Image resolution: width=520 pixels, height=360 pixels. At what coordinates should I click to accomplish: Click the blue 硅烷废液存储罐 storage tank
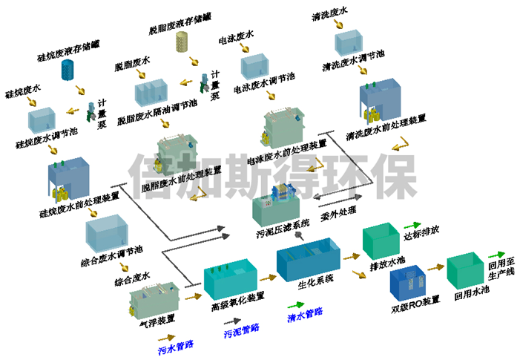(x=68, y=69)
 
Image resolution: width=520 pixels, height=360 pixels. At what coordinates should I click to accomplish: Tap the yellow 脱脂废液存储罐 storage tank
(x=181, y=43)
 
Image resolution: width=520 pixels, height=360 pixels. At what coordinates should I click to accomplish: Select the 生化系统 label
(x=314, y=279)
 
